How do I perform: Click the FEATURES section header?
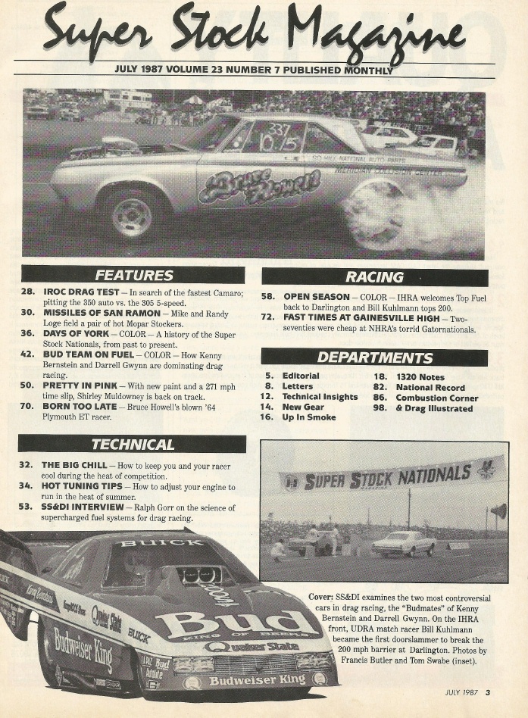pyautogui.click(x=133, y=275)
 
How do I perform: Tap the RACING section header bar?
pyautogui.click(x=375, y=277)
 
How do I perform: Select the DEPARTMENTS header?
pyautogui.click(x=375, y=357)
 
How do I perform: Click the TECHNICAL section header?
pyautogui.click(x=133, y=444)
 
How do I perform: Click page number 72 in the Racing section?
pyautogui.click(x=267, y=317)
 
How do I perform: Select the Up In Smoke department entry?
pyautogui.click(x=309, y=417)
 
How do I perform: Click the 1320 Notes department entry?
pyautogui.click(x=420, y=376)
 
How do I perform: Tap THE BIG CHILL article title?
pyautogui.click(x=75, y=464)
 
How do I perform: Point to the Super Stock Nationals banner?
pyautogui.click(x=392, y=476)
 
